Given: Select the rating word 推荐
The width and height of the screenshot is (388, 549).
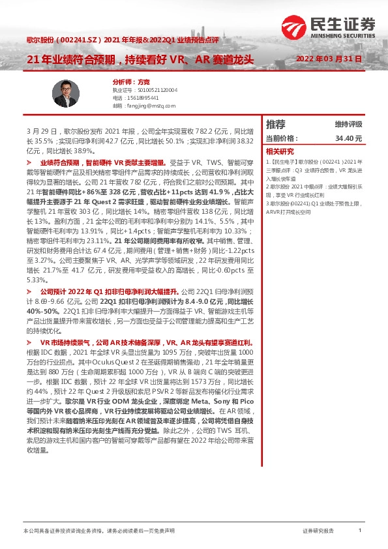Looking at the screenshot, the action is (x=276, y=124).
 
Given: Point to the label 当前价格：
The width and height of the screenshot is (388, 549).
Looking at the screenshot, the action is (x=282, y=138).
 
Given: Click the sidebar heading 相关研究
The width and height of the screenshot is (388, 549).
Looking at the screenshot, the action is (x=278, y=150).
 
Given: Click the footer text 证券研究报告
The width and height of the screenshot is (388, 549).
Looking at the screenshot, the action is (x=318, y=531).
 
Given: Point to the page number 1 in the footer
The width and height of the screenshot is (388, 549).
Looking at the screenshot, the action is (x=360, y=531).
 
